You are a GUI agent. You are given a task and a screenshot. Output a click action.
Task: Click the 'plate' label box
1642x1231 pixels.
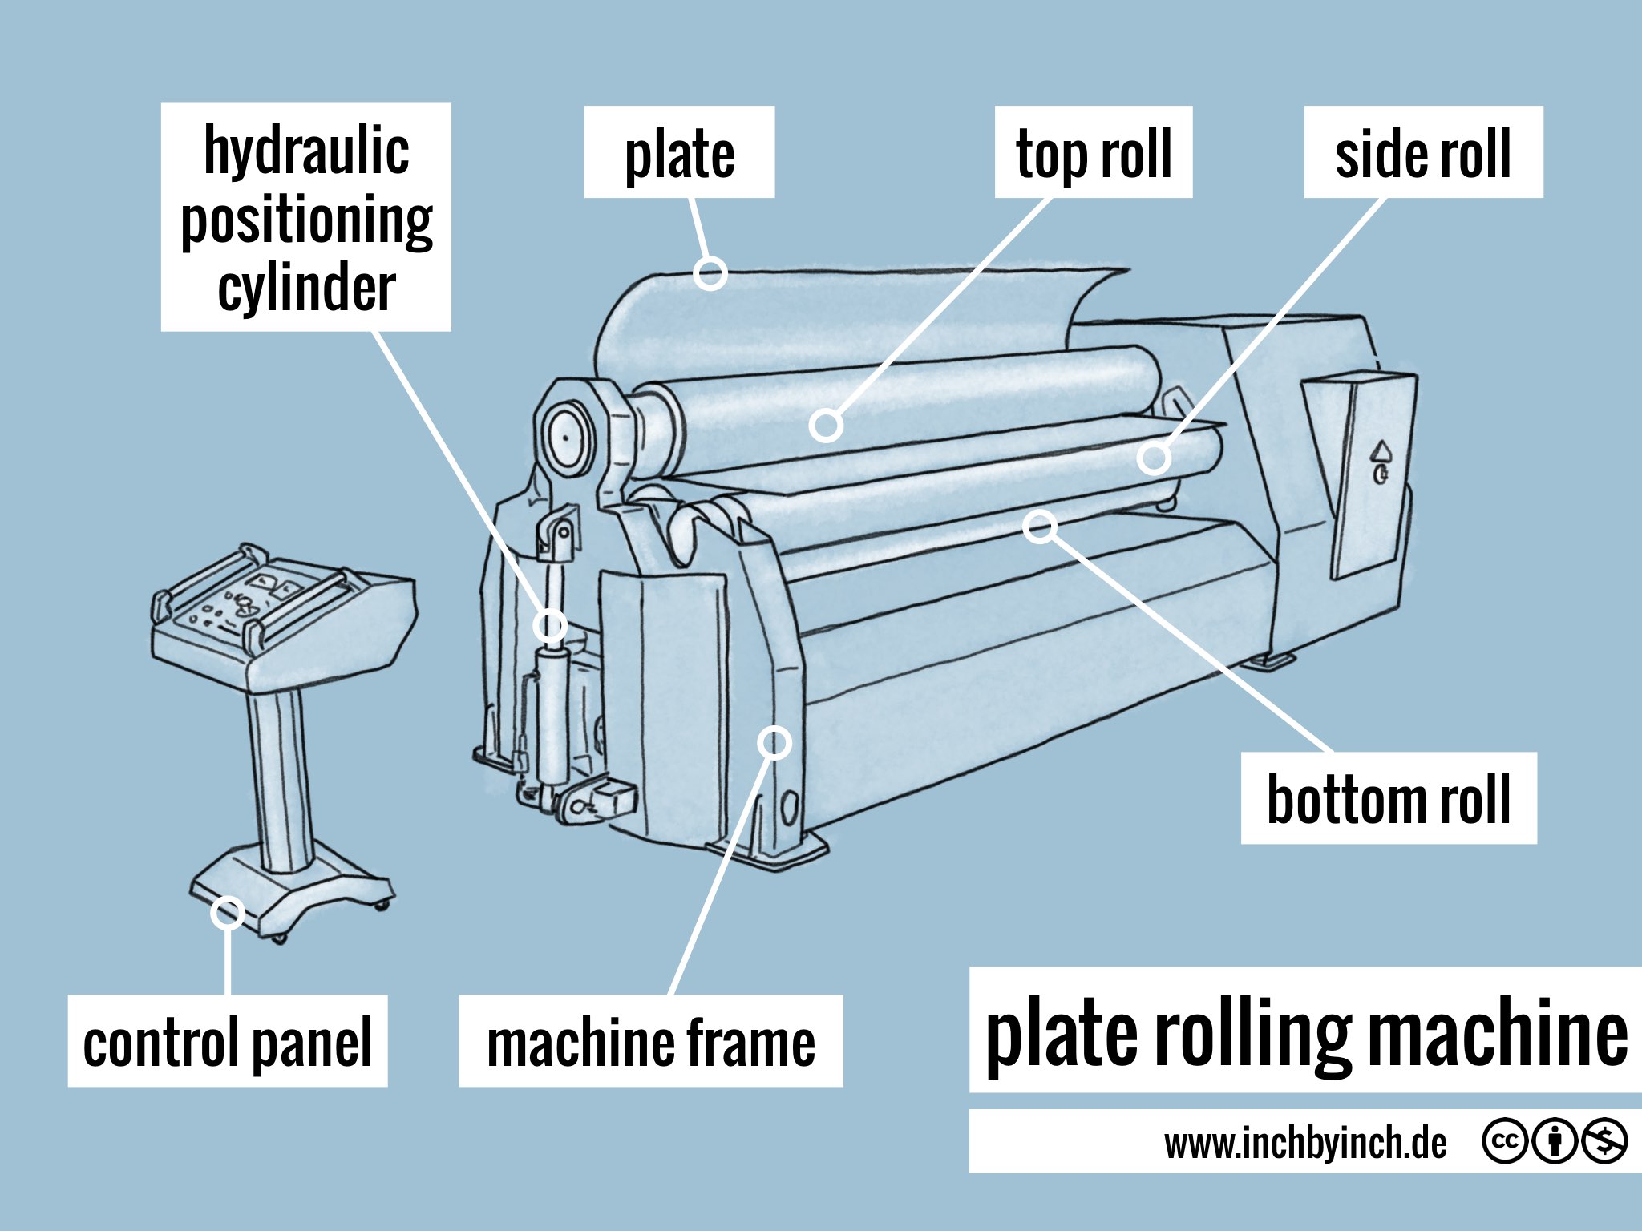pyautogui.click(x=679, y=152)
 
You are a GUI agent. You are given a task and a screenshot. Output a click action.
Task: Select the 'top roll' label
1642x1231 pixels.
pyautogui.click(x=1094, y=152)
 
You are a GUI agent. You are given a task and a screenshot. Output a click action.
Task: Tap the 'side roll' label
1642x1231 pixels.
pyautogui.click(x=1423, y=152)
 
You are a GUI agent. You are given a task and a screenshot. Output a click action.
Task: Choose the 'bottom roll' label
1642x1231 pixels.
pyautogui.click(x=1389, y=798)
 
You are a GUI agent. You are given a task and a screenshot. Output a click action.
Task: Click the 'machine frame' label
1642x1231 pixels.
pyautogui.click(x=650, y=1041)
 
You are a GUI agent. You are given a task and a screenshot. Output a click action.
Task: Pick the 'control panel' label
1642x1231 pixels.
pyautogui.click(x=228, y=1041)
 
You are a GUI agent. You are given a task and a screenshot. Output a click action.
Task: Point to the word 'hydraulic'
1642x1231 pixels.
pyautogui.click(x=306, y=150)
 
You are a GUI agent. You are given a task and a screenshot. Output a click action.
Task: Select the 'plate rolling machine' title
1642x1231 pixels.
pyautogui.click(x=1305, y=1031)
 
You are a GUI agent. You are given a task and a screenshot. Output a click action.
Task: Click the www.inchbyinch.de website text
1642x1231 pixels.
pyautogui.click(x=1305, y=1143)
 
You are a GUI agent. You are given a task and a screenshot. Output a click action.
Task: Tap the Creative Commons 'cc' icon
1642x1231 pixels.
pyautogui.click(x=1504, y=1140)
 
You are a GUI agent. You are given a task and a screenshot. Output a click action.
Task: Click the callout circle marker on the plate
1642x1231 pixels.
pyautogui.click(x=710, y=273)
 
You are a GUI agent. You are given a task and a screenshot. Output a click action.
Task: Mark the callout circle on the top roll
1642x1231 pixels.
pyautogui.click(x=825, y=425)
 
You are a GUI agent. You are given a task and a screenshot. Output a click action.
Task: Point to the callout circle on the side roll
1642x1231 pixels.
pyautogui.click(x=1154, y=458)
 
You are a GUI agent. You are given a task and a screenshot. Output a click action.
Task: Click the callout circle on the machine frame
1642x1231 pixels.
pyautogui.click(x=774, y=742)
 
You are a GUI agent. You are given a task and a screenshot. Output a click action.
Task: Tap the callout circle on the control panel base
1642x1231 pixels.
pyautogui.click(x=228, y=912)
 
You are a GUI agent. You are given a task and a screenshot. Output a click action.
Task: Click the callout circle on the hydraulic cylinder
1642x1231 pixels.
pyautogui.click(x=550, y=625)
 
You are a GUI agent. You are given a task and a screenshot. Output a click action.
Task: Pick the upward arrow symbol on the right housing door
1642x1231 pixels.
pyautogui.click(x=1382, y=450)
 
